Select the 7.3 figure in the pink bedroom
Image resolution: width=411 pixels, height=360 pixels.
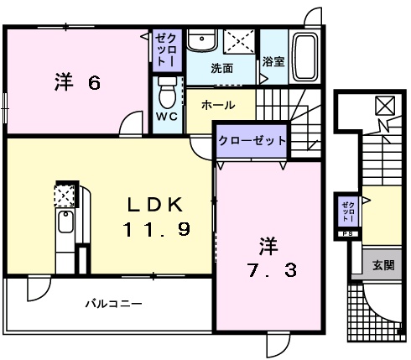tap(268, 272)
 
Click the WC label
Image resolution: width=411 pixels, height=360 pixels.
tap(166, 117)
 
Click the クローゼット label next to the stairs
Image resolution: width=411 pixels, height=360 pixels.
tap(252, 141)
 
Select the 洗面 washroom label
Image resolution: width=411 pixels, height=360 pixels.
tap(221, 67)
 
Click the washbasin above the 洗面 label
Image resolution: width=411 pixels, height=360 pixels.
tap(200, 41)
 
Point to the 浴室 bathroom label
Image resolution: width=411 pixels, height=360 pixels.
tap(273, 61)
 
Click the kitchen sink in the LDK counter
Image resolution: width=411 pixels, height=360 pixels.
tap(65, 225)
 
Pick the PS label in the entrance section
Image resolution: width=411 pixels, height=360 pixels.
tap(347, 234)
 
